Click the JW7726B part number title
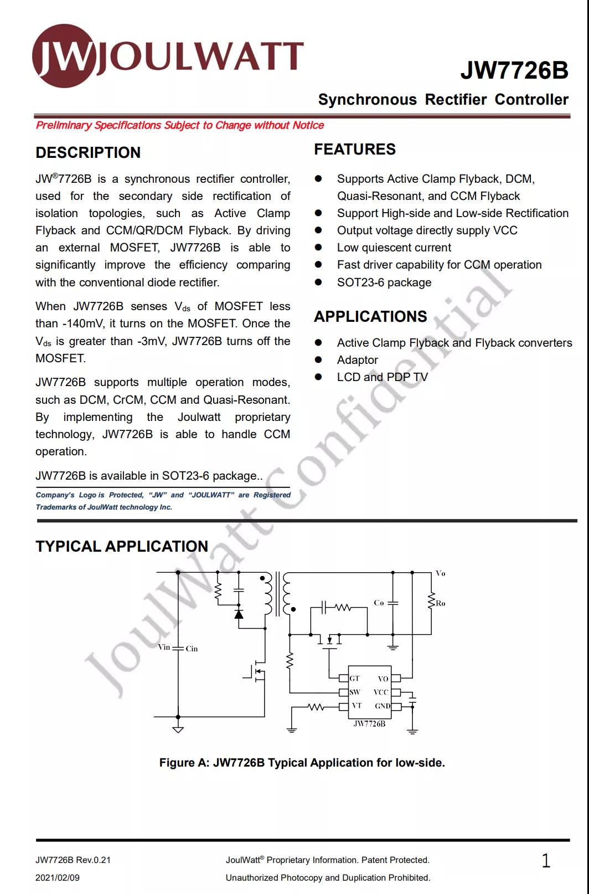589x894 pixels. click(514, 70)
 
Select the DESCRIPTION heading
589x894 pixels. click(88, 152)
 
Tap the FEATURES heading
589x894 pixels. click(355, 149)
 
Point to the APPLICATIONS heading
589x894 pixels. click(370, 316)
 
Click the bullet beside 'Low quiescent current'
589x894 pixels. click(318, 248)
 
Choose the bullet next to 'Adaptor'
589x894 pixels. click(318, 360)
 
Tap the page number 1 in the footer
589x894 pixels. click(546, 860)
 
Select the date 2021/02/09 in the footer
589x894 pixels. click(58, 877)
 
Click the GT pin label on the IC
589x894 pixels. click(355, 678)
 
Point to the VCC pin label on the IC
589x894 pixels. click(381, 692)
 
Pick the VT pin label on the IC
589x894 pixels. click(356, 706)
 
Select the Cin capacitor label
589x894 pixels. click(192, 649)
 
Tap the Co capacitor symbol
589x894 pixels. click(393, 603)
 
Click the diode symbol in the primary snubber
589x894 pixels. click(239, 614)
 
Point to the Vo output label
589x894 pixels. click(440, 573)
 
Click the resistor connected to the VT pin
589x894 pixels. click(316, 707)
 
